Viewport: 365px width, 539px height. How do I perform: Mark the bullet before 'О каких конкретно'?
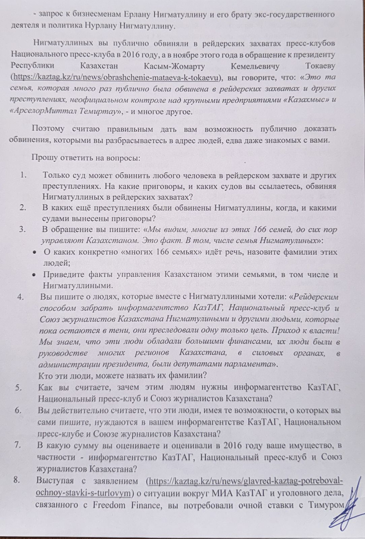tap(34, 252)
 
